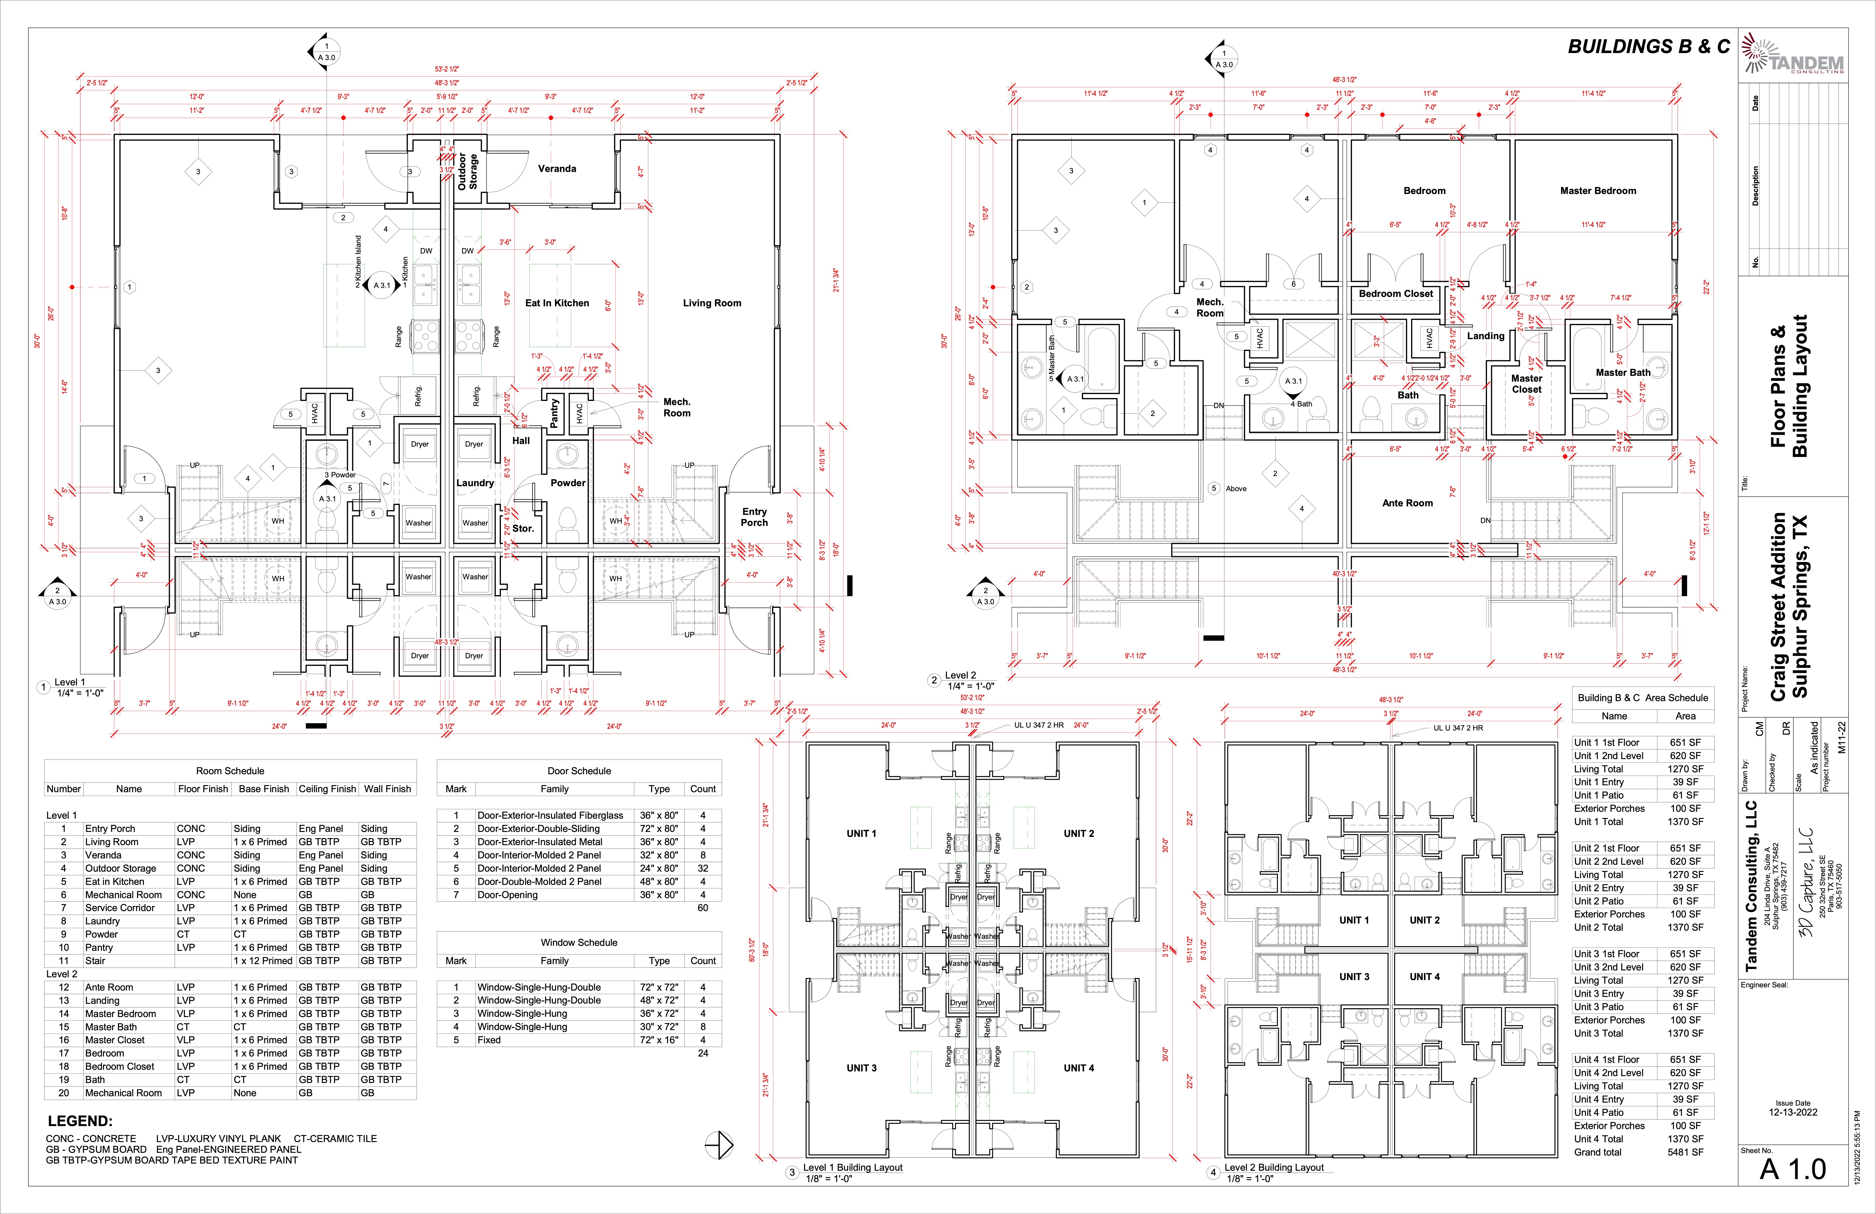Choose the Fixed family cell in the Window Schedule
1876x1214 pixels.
489,1040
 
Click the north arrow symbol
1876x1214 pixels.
719,1145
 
